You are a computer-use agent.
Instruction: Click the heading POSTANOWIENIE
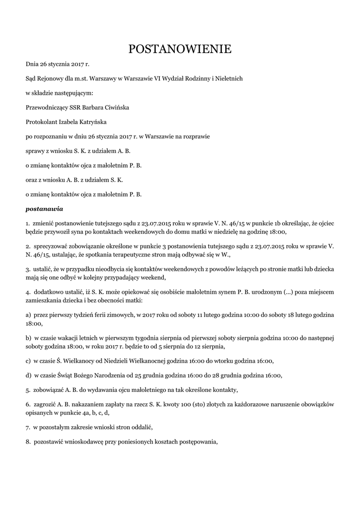[x=180, y=49]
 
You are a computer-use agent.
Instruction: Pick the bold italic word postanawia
[x=44, y=209]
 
